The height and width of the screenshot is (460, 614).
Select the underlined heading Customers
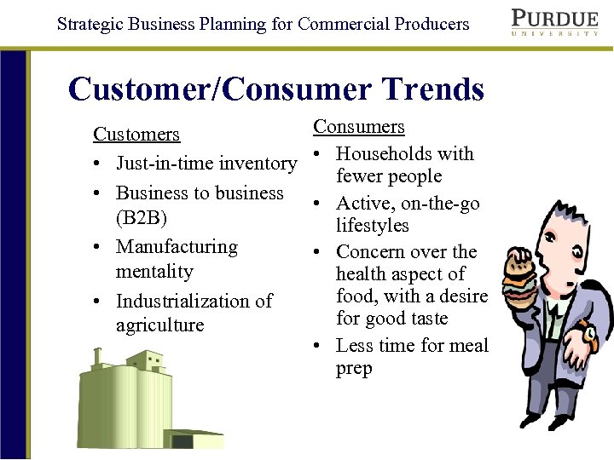pyautogui.click(x=136, y=135)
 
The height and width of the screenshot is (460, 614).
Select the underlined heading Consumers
pyautogui.click(x=359, y=127)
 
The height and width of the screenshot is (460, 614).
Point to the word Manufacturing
pyautogui.click(x=177, y=247)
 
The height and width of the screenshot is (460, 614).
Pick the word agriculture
pyautogui.click(x=160, y=325)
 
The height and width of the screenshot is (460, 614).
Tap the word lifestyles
pyautogui.click(x=373, y=226)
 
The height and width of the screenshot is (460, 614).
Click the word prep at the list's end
pyautogui.click(x=354, y=370)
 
